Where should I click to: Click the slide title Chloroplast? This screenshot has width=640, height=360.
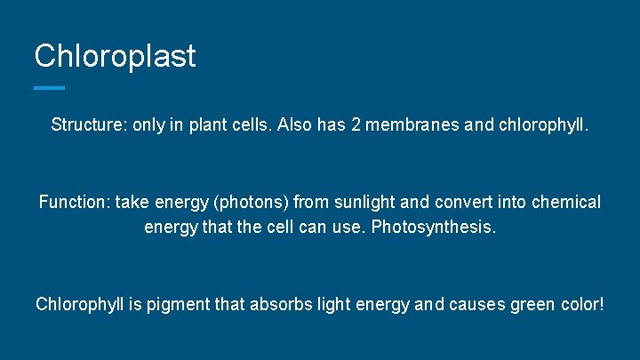pyautogui.click(x=115, y=57)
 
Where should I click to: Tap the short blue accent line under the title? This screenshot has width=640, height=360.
pyautogui.click(x=49, y=87)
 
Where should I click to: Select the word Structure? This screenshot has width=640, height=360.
pyautogui.click(x=88, y=125)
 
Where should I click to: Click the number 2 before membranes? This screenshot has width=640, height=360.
pyautogui.click(x=356, y=125)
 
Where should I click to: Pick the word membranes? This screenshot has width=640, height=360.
pyautogui.click(x=413, y=125)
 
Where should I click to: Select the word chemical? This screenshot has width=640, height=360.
pyautogui.click(x=564, y=203)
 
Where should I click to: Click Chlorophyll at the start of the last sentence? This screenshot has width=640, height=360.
pyautogui.click(x=79, y=304)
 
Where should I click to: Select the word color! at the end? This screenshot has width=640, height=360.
pyautogui.click(x=583, y=304)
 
